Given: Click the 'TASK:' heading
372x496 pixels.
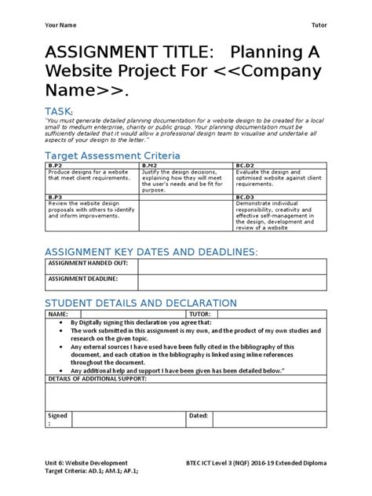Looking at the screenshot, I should (65, 112).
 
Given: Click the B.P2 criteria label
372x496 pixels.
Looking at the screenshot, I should (56, 166).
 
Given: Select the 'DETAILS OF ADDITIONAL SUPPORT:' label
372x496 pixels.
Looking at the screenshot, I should (97, 379).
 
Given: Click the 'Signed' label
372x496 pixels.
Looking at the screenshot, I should (57, 415).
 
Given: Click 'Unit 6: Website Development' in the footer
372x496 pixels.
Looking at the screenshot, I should (94, 464).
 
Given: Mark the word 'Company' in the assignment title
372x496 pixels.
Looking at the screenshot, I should (271, 73).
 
